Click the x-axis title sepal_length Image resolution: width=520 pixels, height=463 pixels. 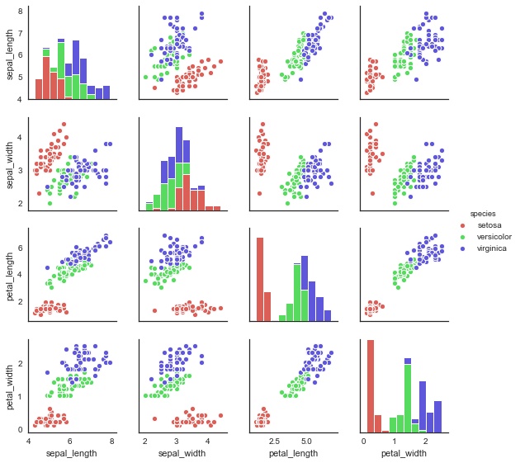coord(72,453)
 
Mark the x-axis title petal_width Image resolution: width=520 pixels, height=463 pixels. coord(404,453)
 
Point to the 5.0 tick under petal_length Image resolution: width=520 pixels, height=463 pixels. coord(306,442)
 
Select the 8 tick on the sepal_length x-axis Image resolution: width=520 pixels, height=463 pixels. coord(111,442)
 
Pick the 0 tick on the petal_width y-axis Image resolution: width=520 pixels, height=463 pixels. coord(22,429)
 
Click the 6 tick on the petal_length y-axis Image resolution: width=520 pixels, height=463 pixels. coord(22,248)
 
